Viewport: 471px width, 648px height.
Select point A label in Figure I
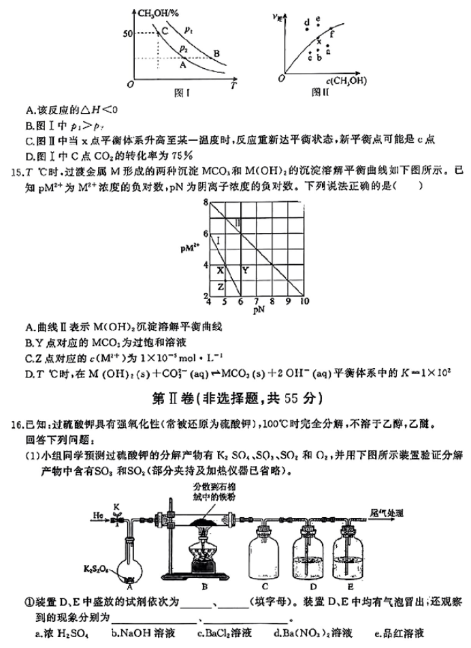(x=182, y=66)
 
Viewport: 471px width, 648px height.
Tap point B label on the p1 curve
(x=216, y=54)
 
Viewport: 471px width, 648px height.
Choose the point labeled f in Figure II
(x=331, y=32)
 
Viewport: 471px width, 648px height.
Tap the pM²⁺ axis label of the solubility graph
(x=192, y=249)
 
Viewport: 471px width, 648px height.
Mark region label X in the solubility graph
(x=220, y=271)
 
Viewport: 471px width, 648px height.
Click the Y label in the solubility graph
(x=245, y=271)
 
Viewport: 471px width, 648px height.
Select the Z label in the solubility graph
(x=220, y=287)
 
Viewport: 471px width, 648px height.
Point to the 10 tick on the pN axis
(x=303, y=301)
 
